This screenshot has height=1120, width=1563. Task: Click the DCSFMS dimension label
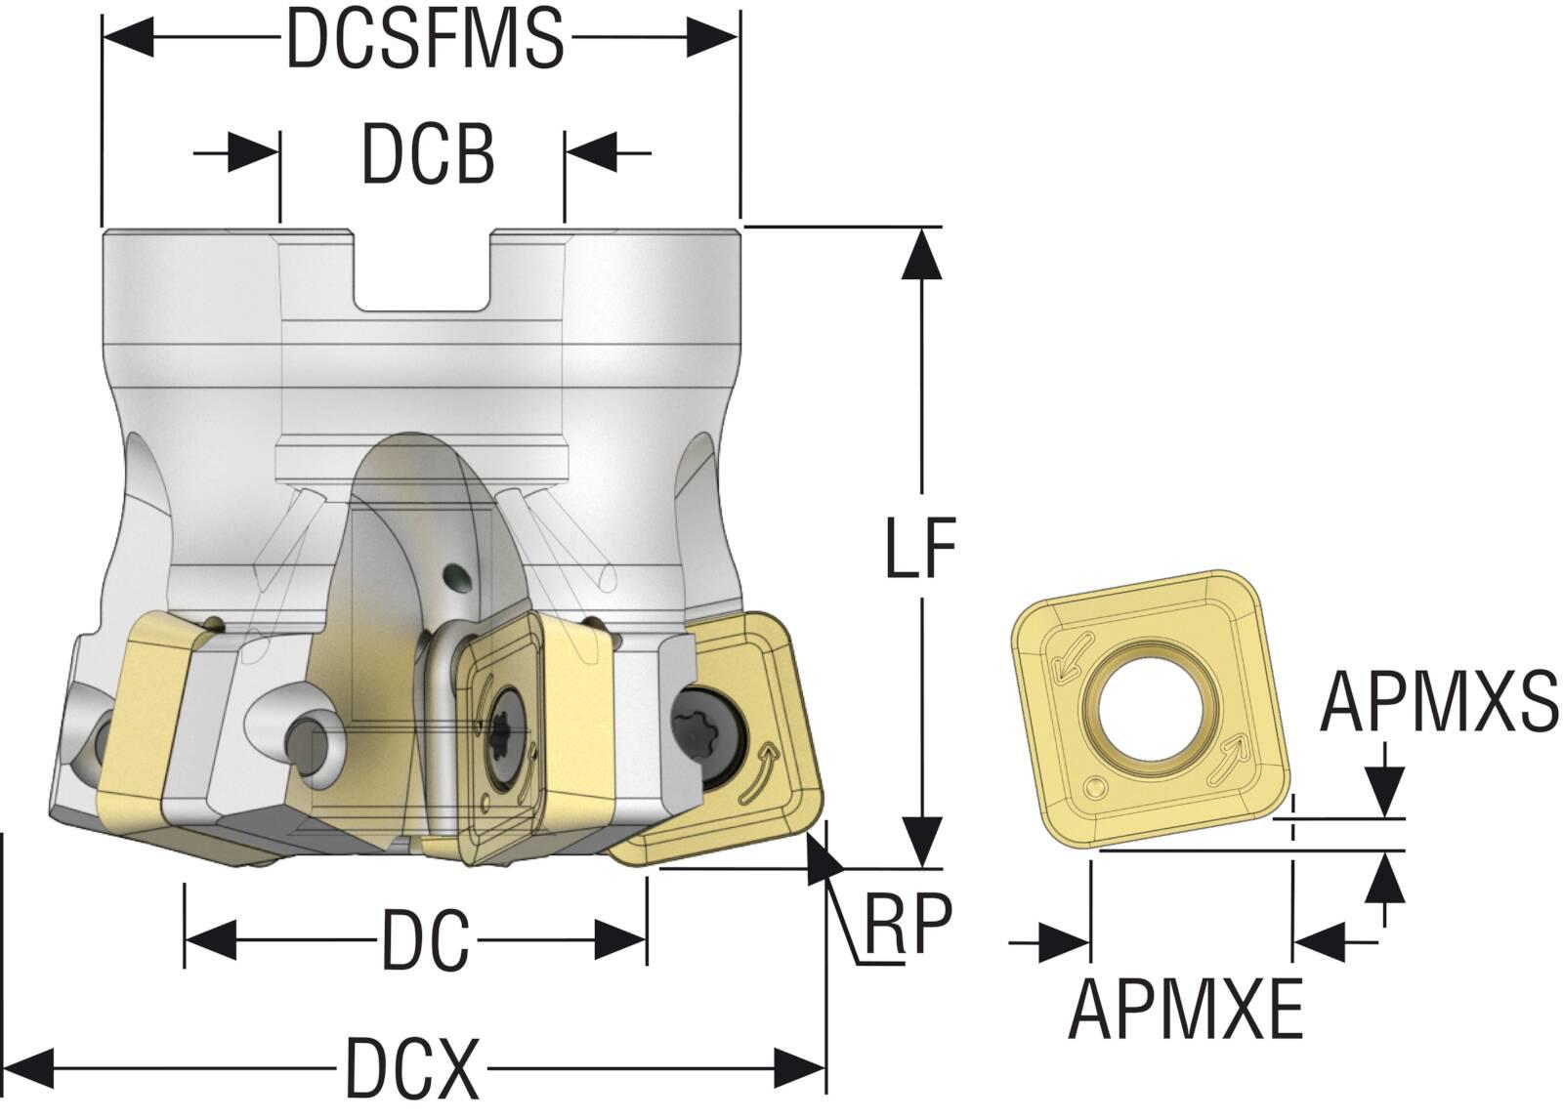pos(424,39)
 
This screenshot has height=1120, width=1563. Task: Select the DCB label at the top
pos(428,154)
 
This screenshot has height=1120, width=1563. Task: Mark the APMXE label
pos(1186,1010)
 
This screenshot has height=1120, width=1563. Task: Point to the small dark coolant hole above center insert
pos(454,578)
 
